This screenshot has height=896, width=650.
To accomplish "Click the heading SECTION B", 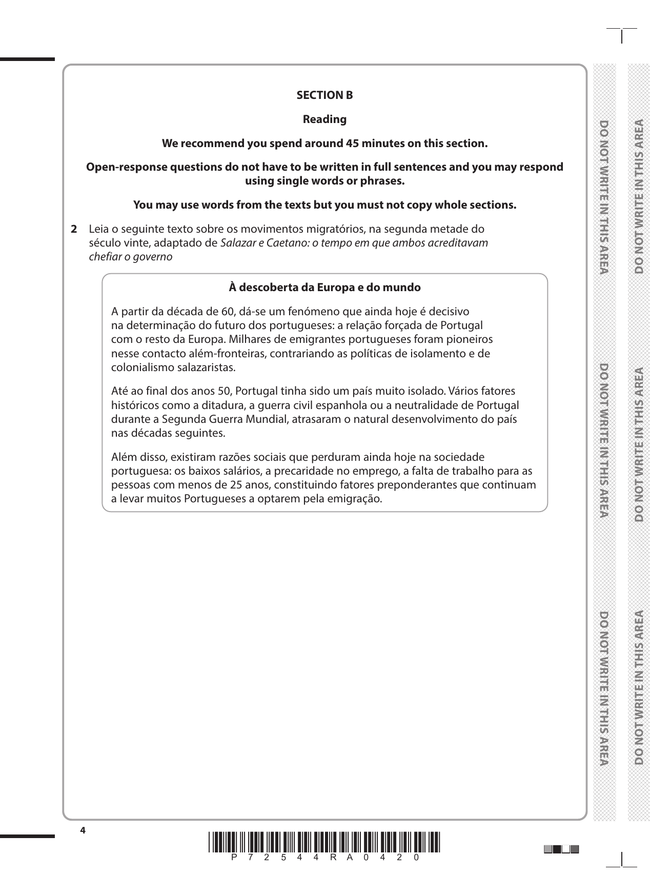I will [324, 95].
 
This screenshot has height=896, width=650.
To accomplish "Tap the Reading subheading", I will [324, 119].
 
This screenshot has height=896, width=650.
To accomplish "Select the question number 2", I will [74, 229].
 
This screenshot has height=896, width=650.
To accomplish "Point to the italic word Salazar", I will [237, 243].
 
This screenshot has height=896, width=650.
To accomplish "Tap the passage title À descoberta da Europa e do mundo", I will [324, 288].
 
